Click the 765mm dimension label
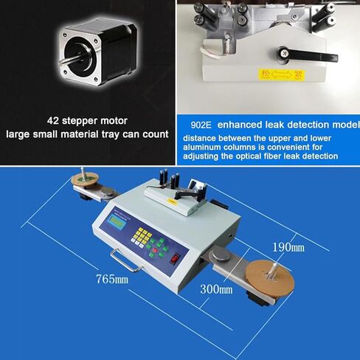(111, 280)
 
